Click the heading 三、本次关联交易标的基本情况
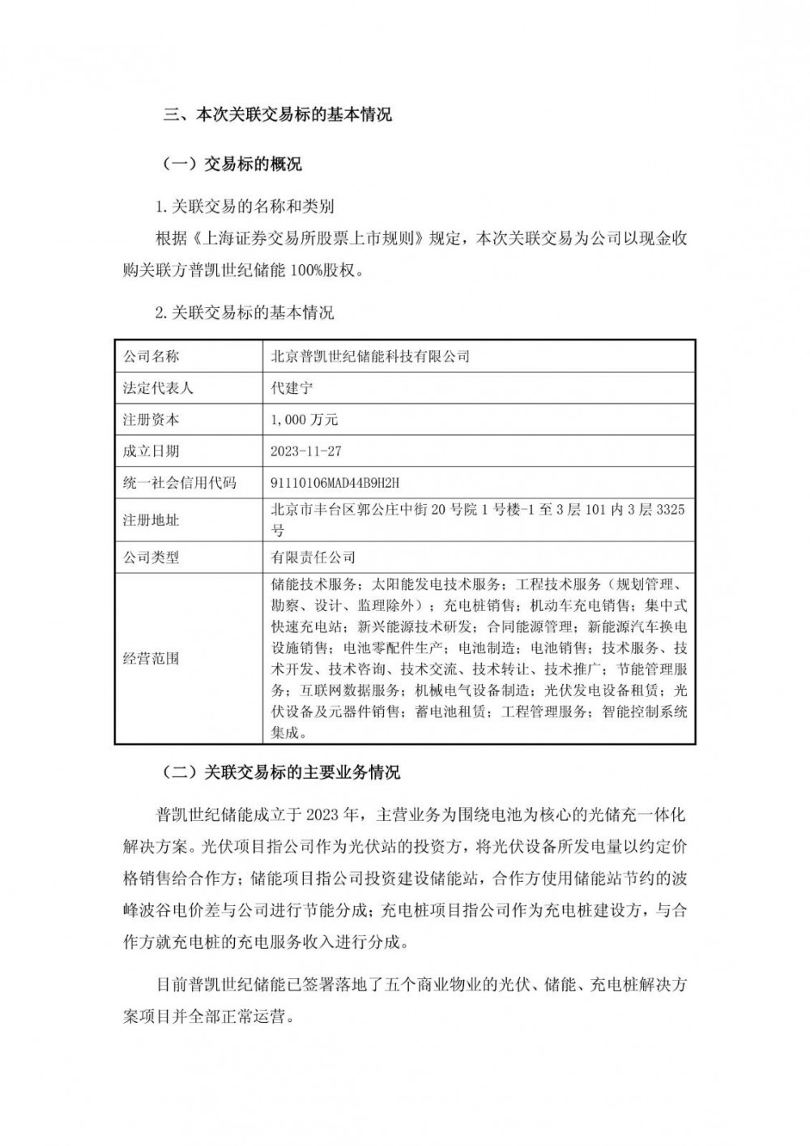(278, 115)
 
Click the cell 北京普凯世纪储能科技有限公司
(370, 357)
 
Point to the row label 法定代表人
(157, 388)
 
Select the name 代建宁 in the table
(292, 388)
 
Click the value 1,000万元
(305, 420)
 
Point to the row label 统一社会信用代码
(178, 483)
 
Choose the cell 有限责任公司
(313, 558)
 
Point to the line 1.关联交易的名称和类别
(244, 207)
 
